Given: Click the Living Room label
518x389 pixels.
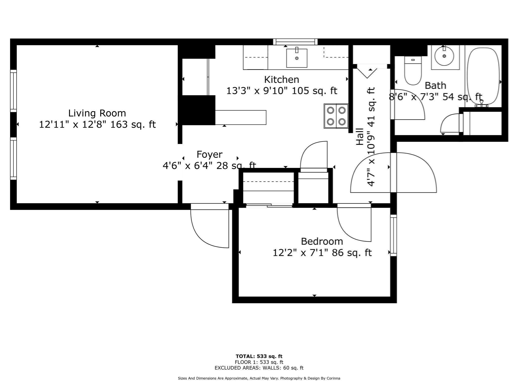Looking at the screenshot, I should point(97,113).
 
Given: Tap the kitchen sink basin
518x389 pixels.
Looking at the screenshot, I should point(297,58).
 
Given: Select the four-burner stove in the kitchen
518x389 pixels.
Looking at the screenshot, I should point(336,116).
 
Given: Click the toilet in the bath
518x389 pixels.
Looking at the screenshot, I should point(413,71).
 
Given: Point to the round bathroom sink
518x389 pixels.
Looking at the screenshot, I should point(444,56).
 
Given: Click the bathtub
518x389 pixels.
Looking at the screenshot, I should point(483,76).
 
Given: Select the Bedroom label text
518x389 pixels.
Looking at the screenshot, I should point(322,241).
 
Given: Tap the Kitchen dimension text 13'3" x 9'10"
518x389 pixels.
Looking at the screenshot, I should point(282,91).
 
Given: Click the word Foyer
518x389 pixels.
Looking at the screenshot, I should point(209,154).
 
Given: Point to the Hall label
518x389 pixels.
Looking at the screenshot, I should point(359,137).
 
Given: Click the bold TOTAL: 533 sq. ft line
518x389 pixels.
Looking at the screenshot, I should point(259,356).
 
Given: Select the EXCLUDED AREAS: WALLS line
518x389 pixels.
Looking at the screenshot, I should point(259,368).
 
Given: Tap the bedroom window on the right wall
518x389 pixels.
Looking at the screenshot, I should point(393,235).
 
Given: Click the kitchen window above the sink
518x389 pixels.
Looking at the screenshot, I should point(295,42).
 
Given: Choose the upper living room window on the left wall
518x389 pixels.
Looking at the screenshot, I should point(13,91).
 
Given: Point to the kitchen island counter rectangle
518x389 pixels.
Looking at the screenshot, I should point(240,117).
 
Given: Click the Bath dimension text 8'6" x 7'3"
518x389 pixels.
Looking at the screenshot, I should point(435,97).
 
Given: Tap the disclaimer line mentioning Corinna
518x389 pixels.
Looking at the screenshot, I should point(259,378).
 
